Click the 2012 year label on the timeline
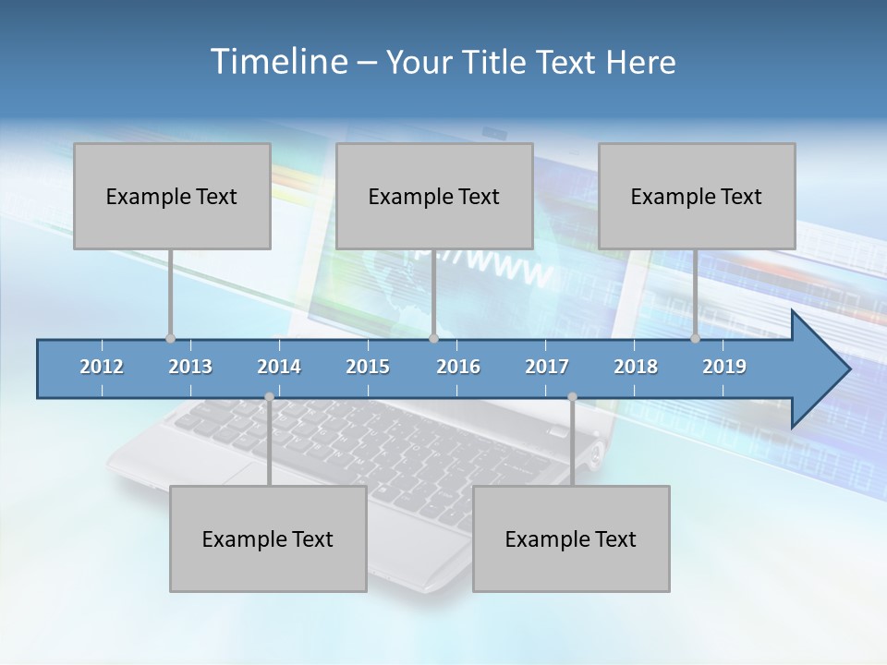(x=102, y=367)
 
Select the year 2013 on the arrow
(x=190, y=367)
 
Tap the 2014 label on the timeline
(x=279, y=367)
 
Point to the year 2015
(x=368, y=367)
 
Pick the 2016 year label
(x=458, y=367)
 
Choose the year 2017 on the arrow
(x=547, y=367)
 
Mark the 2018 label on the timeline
(x=636, y=367)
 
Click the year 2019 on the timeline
(x=724, y=367)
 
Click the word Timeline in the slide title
(x=277, y=62)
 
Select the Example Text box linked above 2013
(x=172, y=196)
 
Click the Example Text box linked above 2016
(x=434, y=196)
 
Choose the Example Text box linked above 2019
(x=697, y=196)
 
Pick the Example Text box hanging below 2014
(x=268, y=538)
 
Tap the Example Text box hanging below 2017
(x=571, y=538)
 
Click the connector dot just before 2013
(x=170, y=338)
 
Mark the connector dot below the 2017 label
(x=572, y=397)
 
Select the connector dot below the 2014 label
(x=269, y=397)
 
